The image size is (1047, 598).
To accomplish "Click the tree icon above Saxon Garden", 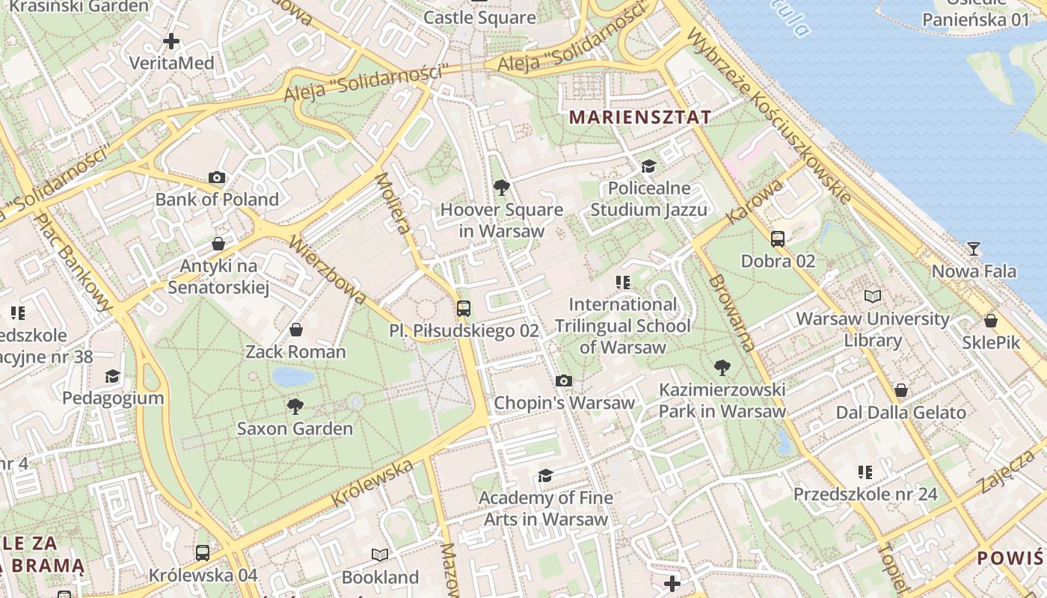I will pyautogui.click(x=295, y=407).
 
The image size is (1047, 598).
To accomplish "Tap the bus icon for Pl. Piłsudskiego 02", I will pyautogui.click(x=464, y=308).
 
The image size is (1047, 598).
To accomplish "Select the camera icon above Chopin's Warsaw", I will pyautogui.click(x=565, y=381).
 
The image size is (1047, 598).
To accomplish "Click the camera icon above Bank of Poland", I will pyautogui.click(x=217, y=177).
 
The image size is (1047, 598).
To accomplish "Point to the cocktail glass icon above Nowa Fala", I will pyautogui.click(x=974, y=249).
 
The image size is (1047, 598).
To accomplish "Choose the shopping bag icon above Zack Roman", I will pyautogui.click(x=296, y=330).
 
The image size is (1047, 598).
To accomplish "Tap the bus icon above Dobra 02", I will pyautogui.click(x=778, y=239).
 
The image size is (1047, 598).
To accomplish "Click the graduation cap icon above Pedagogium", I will pyautogui.click(x=112, y=375).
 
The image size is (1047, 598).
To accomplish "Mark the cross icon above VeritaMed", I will pyautogui.click(x=171, y=41).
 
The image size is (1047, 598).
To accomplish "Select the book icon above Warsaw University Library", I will pyautogui.click(x=873, y=296).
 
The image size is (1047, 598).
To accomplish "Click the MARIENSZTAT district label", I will pyautogui.click(x=640, y=117).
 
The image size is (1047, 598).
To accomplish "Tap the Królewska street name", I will pyautogui.click(x=372, y=483).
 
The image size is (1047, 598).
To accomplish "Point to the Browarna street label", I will pyautogui.click(x=732, y=313).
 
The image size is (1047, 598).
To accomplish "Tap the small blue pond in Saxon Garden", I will pyautogui.click(x=292, y=376).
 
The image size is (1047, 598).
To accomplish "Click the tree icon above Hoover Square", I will pyautogui.click(x=502, y=188).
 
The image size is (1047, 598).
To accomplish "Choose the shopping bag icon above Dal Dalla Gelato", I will pyautogui.click(x=901, y=390).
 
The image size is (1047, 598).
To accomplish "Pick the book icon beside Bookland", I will pyautogui.click(x=380, y=555).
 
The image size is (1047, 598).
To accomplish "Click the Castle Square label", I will pyautogui.click(x=479, y=16).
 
